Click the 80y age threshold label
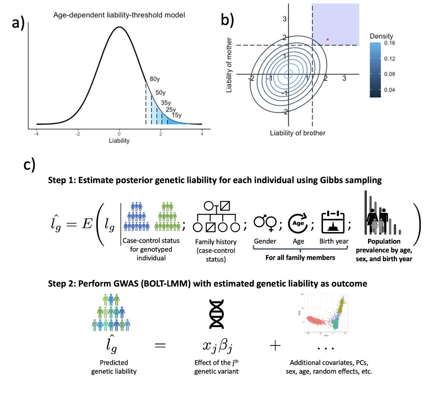pos(155,79)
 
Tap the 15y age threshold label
pos(177,115)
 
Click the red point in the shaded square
pos(328,39)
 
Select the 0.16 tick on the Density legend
pos(390,43)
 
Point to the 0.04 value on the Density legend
pos(390,90)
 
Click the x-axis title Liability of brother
pos(297,133)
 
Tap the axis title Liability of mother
pos(229,65)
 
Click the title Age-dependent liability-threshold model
pos(119,15)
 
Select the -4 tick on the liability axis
pos(37,134)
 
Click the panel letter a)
pos(18,23)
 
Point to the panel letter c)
pos(30,165)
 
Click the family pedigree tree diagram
pos(216,217)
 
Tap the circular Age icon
pos(298,224)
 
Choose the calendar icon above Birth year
pos(334,222)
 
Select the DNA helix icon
pos(216,314)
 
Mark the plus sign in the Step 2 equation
pos(275,345)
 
